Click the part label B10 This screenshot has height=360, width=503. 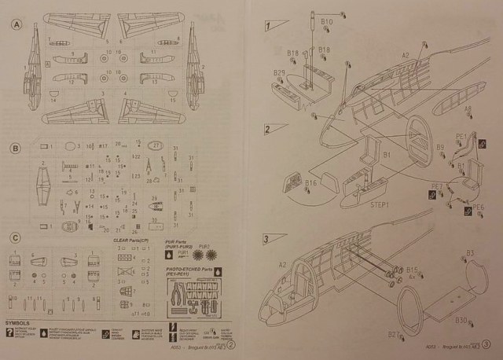point(327,22)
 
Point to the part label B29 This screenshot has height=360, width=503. point(279,73)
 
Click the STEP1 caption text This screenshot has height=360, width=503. point(381,203)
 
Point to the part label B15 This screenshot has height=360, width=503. point(413,269)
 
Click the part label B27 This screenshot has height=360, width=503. point(394,335)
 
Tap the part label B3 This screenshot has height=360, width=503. point(470,252)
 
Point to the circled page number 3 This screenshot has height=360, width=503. point(486,343)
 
